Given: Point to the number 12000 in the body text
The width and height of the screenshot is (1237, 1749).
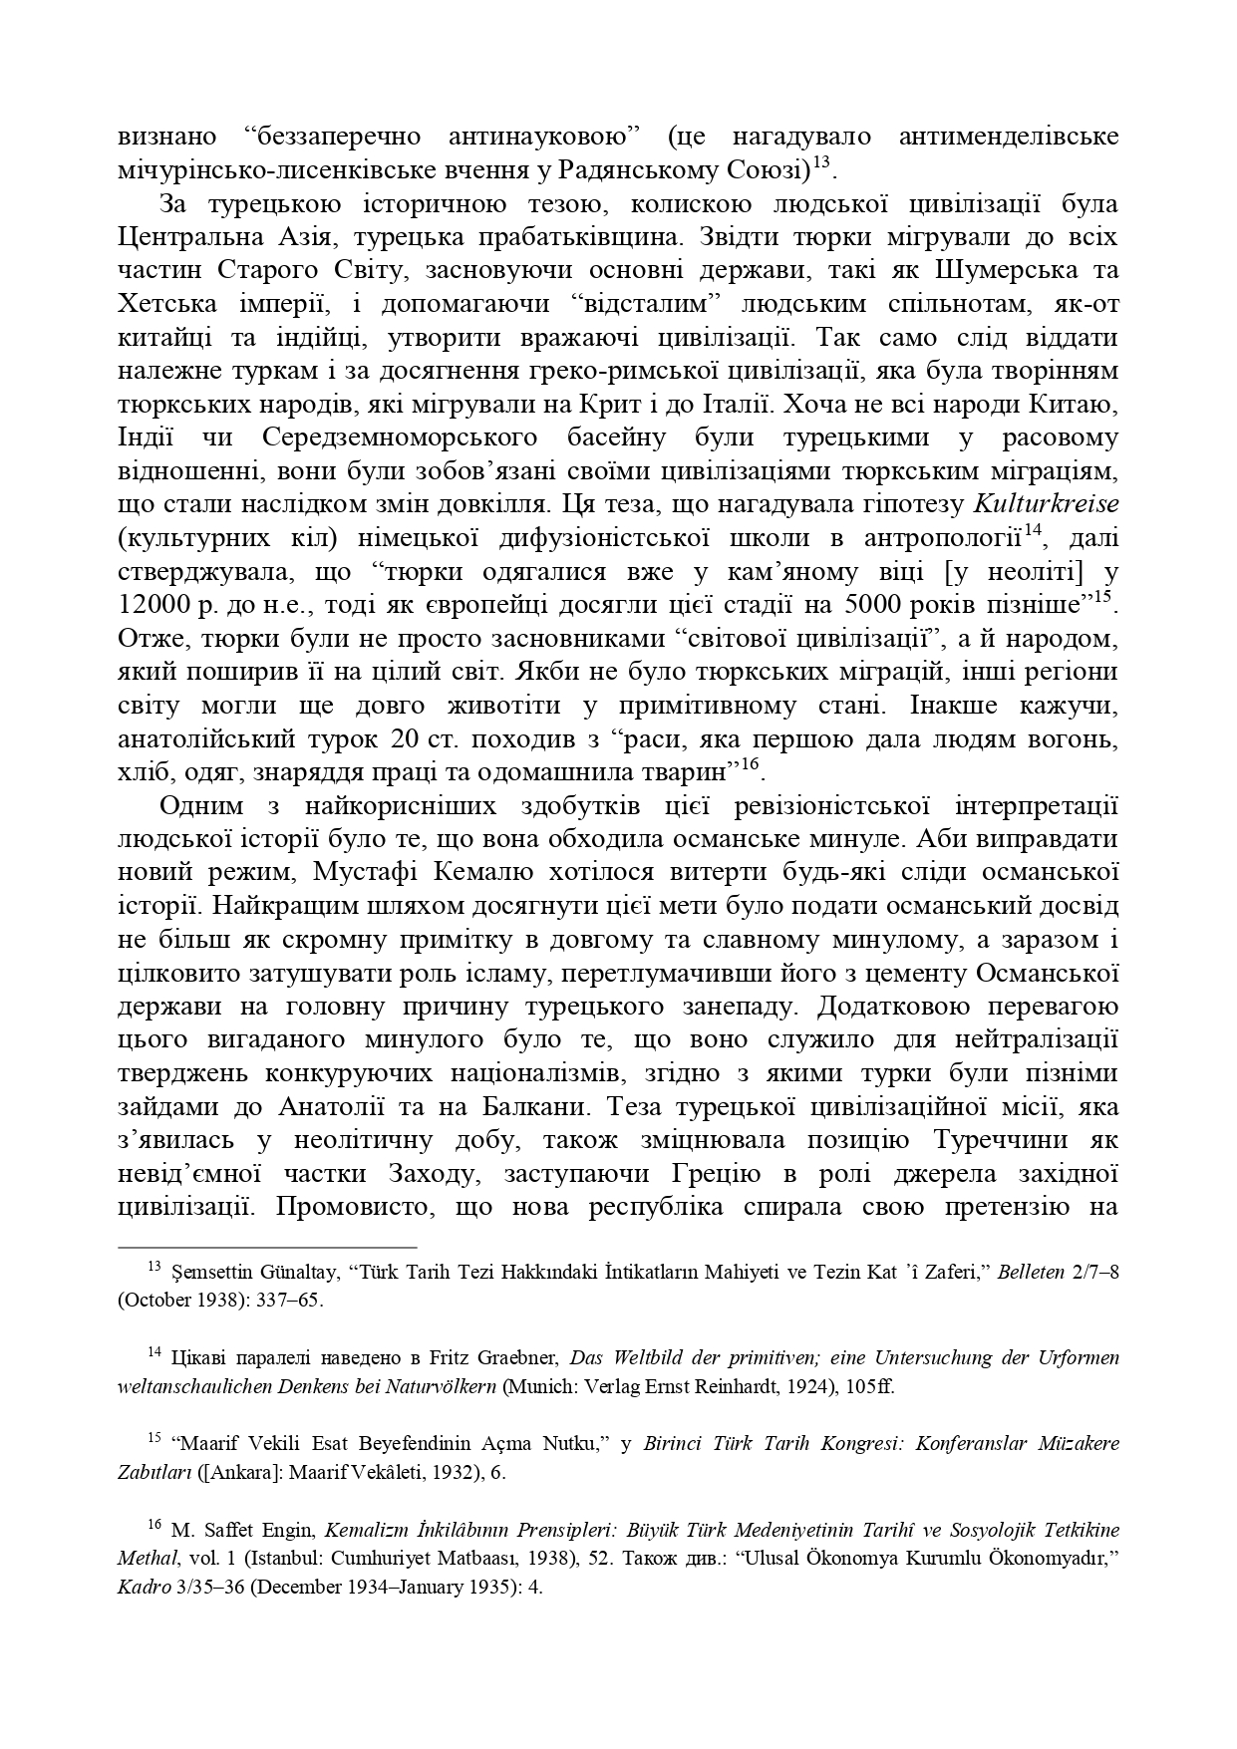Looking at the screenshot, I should pyautogui.click(x=155, y=604).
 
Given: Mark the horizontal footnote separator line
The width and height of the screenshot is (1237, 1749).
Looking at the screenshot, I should pyautogui.click(x=267, y=1247).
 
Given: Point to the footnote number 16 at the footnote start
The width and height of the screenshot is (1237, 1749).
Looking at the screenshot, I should pyautogui.click(x=155, y=1524).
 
